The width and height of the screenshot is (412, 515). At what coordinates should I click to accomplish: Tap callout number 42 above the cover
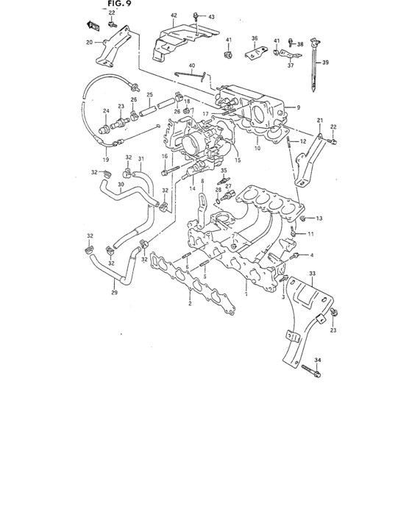click(174, 15)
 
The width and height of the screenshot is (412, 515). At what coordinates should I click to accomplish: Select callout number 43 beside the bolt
click(211, 16)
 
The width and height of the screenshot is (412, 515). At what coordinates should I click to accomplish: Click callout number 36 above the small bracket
click(255, 38)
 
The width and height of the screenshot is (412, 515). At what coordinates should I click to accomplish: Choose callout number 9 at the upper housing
click(299, 107)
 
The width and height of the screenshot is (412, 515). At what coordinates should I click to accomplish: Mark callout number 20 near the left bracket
click(90, 43)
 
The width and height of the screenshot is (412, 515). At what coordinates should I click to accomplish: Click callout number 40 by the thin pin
click(191, 66)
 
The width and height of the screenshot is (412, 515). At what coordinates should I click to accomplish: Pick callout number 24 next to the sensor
click(106, 112)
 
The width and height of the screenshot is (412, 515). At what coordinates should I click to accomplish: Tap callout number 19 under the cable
click(105, 159)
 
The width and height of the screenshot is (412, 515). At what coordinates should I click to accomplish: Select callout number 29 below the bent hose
click(114, 293)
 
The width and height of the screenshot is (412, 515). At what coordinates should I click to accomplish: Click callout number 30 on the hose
click(120, 184)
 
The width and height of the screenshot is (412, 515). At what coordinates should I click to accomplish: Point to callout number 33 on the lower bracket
click(312, 273)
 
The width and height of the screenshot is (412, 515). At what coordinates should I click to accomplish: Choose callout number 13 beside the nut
click(320, 219)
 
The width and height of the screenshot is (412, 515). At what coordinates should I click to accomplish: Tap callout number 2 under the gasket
click(191, 302)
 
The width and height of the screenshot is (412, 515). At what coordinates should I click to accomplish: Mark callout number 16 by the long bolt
click(165, 156)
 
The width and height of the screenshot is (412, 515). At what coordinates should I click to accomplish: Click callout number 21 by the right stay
click(320, 121)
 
